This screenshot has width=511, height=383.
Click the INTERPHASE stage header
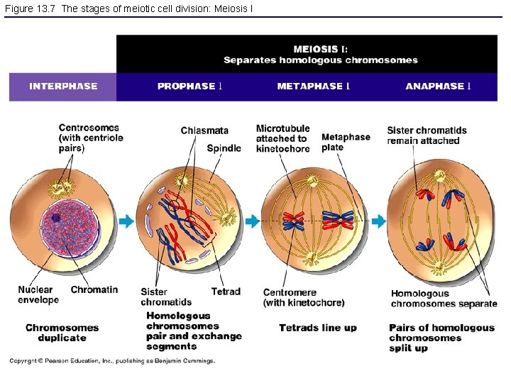pos(63,87)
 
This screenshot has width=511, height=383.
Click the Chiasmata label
pos(204,131)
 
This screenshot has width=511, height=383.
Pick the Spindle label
pos(224,148)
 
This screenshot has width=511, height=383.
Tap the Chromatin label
pos(94,289)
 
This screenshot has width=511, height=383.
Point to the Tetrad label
pos(226,292)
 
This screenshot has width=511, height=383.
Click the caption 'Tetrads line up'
pos(317,328)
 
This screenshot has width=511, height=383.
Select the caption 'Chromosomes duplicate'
pos(62,333)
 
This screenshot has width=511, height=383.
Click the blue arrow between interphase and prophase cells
pos(126,222)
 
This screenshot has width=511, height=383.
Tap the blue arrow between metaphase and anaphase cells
pos(379,222)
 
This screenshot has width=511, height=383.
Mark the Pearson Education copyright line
pos(111,361)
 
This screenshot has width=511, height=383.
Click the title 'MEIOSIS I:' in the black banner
pos(321,49)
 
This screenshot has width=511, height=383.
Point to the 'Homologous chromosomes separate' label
pos(444,299)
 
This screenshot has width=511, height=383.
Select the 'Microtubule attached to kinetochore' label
pos(282,139)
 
